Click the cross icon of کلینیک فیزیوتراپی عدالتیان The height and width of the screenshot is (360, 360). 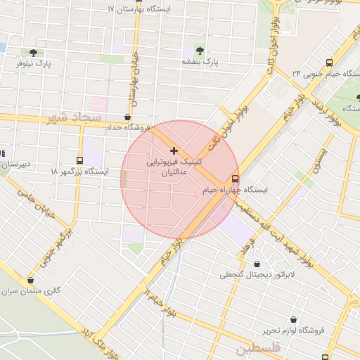[174, 150]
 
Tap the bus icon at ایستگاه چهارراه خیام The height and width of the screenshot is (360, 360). [235, 179]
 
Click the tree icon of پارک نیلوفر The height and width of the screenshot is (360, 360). [33, 52]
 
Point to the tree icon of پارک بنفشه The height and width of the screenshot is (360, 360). [201, 51]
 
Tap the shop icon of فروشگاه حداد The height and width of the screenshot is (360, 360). [127, 117]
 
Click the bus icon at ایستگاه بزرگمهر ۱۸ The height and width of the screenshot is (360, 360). [79, 160]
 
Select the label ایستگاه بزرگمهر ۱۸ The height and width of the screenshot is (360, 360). [79, 171]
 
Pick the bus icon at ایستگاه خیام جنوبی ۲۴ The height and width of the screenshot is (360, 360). [330, 62]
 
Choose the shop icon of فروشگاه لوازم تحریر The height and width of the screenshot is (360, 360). [292, 319]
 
